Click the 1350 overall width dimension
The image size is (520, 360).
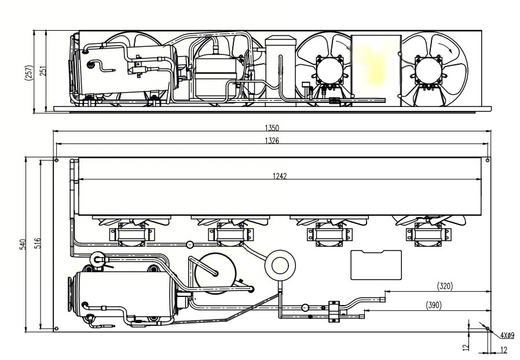coord(272,128)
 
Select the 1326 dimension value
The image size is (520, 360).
coord(272,141)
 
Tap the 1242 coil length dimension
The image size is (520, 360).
coord(280,176)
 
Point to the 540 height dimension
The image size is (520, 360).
coord(23,244)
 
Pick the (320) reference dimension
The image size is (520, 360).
coord(445,286)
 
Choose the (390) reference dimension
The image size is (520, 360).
coord(434,305)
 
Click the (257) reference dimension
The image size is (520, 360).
coord(29,72)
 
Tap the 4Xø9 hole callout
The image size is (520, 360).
coord(507,335)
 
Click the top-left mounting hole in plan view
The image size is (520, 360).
coord(56,160)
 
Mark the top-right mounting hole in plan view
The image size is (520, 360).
coord(487,160)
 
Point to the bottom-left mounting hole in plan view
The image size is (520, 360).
coord(56,329)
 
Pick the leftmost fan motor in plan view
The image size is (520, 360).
coord(131,234)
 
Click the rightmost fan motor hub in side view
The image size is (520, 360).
coord(429,70)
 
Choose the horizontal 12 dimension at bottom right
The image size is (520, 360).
coord(503,350)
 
